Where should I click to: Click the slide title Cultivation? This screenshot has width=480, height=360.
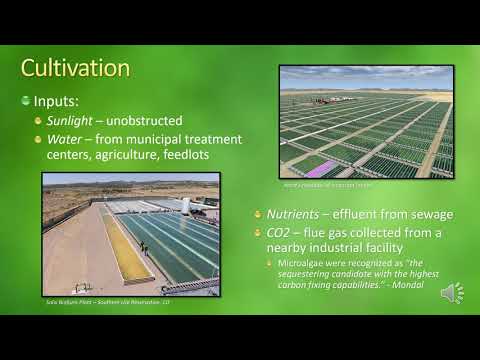coord(76,69)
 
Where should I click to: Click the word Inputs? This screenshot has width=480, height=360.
coord(57,102)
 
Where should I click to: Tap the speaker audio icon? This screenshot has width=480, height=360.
coord(452,293)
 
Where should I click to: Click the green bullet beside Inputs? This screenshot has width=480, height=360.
coord(26,102)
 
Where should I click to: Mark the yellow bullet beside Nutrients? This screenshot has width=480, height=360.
coord(257,215)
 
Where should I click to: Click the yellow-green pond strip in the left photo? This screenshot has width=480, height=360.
coord(126,251)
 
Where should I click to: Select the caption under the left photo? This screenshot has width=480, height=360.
coord(108,301)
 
